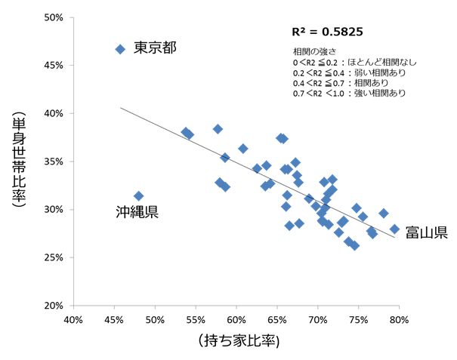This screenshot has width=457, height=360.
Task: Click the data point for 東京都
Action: click(x=119, y=49)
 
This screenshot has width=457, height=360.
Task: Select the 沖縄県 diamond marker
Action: click(x=138, y=195)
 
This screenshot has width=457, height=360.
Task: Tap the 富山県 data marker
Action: click(x=394, y=229)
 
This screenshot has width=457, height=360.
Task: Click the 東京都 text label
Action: click(x=155, y=48)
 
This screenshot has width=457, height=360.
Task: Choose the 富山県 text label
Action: click(x=426, y=232)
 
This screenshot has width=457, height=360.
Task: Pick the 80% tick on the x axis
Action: click(x=399, y=320)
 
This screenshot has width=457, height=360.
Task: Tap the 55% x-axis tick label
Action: click(x=196, y=320)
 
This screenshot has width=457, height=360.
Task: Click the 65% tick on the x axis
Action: click(x=276, y=320)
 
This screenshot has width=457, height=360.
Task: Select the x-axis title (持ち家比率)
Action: click(x=237, y=341)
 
